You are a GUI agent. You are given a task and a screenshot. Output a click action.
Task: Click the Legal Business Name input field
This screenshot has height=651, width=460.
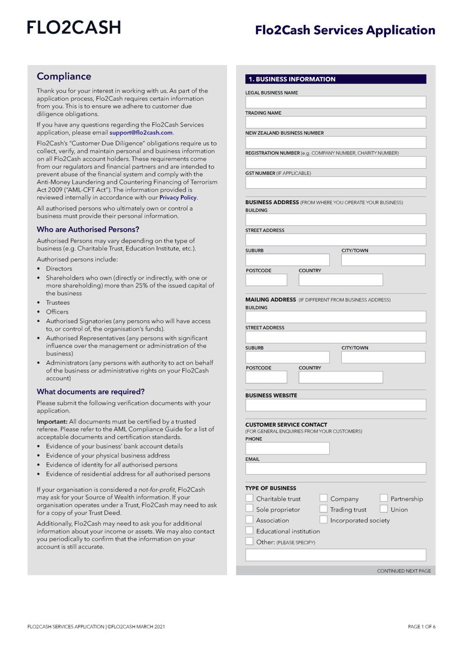coord(335,103)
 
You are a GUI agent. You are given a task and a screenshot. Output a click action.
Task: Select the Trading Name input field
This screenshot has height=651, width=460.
coord(335,123)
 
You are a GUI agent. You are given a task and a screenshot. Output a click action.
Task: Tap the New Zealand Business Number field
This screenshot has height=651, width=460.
coord(335,143)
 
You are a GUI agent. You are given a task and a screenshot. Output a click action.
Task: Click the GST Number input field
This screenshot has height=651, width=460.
coord(335,182)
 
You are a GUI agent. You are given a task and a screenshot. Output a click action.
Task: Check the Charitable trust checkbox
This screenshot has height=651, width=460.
coord(249,499)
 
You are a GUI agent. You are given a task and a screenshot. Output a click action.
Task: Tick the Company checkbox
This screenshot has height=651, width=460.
coord(323,499)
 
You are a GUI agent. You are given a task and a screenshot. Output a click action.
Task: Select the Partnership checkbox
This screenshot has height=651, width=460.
coord(384,499)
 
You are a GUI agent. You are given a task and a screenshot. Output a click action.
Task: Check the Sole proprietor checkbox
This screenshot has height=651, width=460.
coord(249,509)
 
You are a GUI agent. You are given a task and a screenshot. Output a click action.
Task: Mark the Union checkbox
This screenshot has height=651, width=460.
coord(384,509)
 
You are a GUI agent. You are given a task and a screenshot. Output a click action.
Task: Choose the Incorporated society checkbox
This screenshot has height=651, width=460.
coord(323,520)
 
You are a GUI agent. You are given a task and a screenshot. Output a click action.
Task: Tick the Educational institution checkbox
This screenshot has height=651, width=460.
coord(249,531)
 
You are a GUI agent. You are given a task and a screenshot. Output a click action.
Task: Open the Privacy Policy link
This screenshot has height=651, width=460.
coord(174,197)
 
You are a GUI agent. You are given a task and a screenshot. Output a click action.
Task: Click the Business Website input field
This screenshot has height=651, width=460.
coord(335,405)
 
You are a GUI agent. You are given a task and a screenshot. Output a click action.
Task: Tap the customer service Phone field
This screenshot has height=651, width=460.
coord(287,448)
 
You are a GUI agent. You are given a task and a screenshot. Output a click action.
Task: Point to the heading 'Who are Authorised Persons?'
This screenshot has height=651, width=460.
coord(88,229)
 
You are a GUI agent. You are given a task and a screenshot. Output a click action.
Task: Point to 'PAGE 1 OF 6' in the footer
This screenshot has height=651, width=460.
coord(421,627)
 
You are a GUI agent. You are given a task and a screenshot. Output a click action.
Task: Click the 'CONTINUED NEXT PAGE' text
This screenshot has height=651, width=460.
coord(404,571)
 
